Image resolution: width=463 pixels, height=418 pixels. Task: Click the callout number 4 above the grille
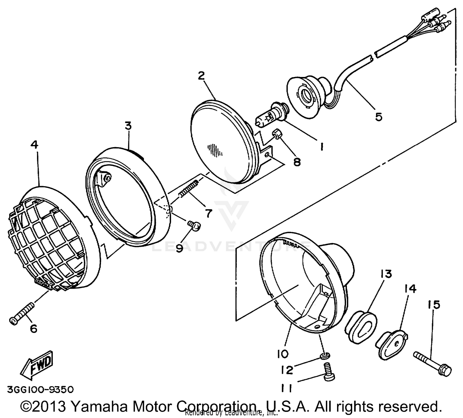coord(35,145)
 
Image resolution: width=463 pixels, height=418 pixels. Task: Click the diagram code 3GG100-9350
coord(40,389)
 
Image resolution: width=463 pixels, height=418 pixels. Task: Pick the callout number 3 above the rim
coord(128,126)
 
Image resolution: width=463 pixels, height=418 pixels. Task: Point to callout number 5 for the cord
coord(379,117)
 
